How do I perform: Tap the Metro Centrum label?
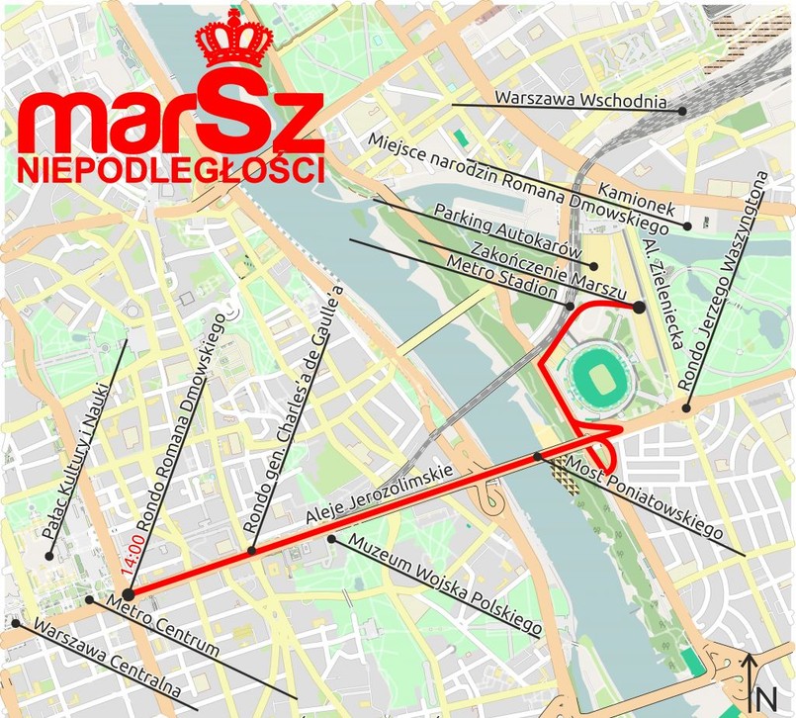click(x=162, y=626)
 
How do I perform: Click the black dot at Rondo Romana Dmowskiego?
click(x=128, y=592)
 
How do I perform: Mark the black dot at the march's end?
click(x=639, y=308)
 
